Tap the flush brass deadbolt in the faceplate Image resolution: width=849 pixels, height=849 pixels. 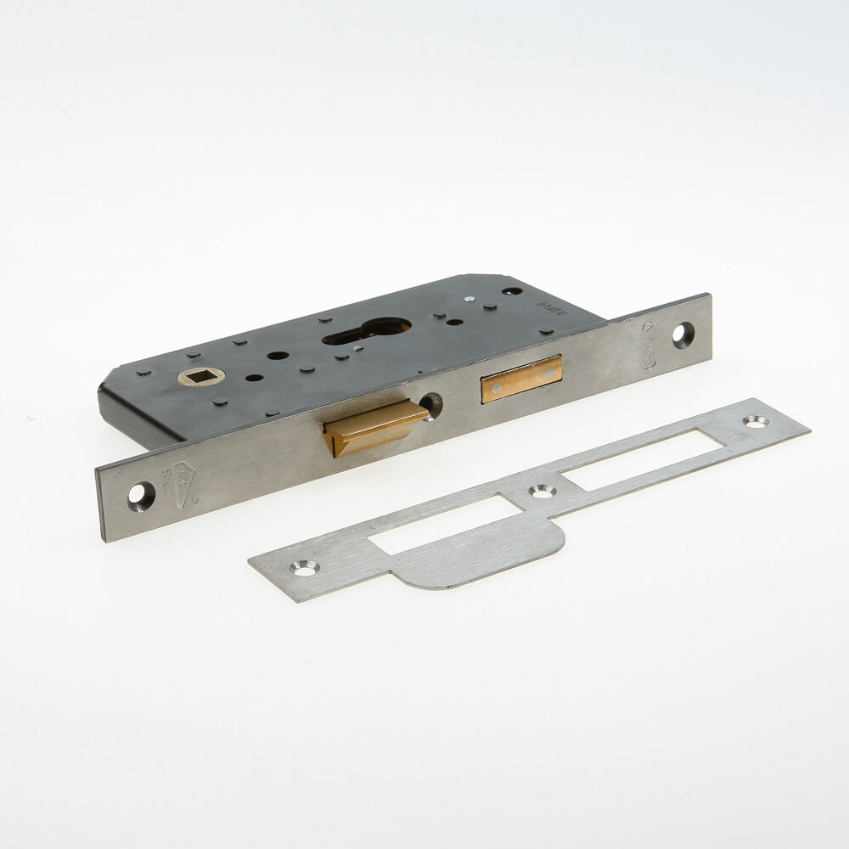tap(520, 378)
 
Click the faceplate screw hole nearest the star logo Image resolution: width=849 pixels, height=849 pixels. tap(141, 496)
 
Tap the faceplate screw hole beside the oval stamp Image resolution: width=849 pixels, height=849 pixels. tap(683, 334)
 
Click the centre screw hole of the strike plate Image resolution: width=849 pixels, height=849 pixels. tap(541, 491)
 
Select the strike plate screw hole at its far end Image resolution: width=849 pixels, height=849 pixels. tap(754, 420)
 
